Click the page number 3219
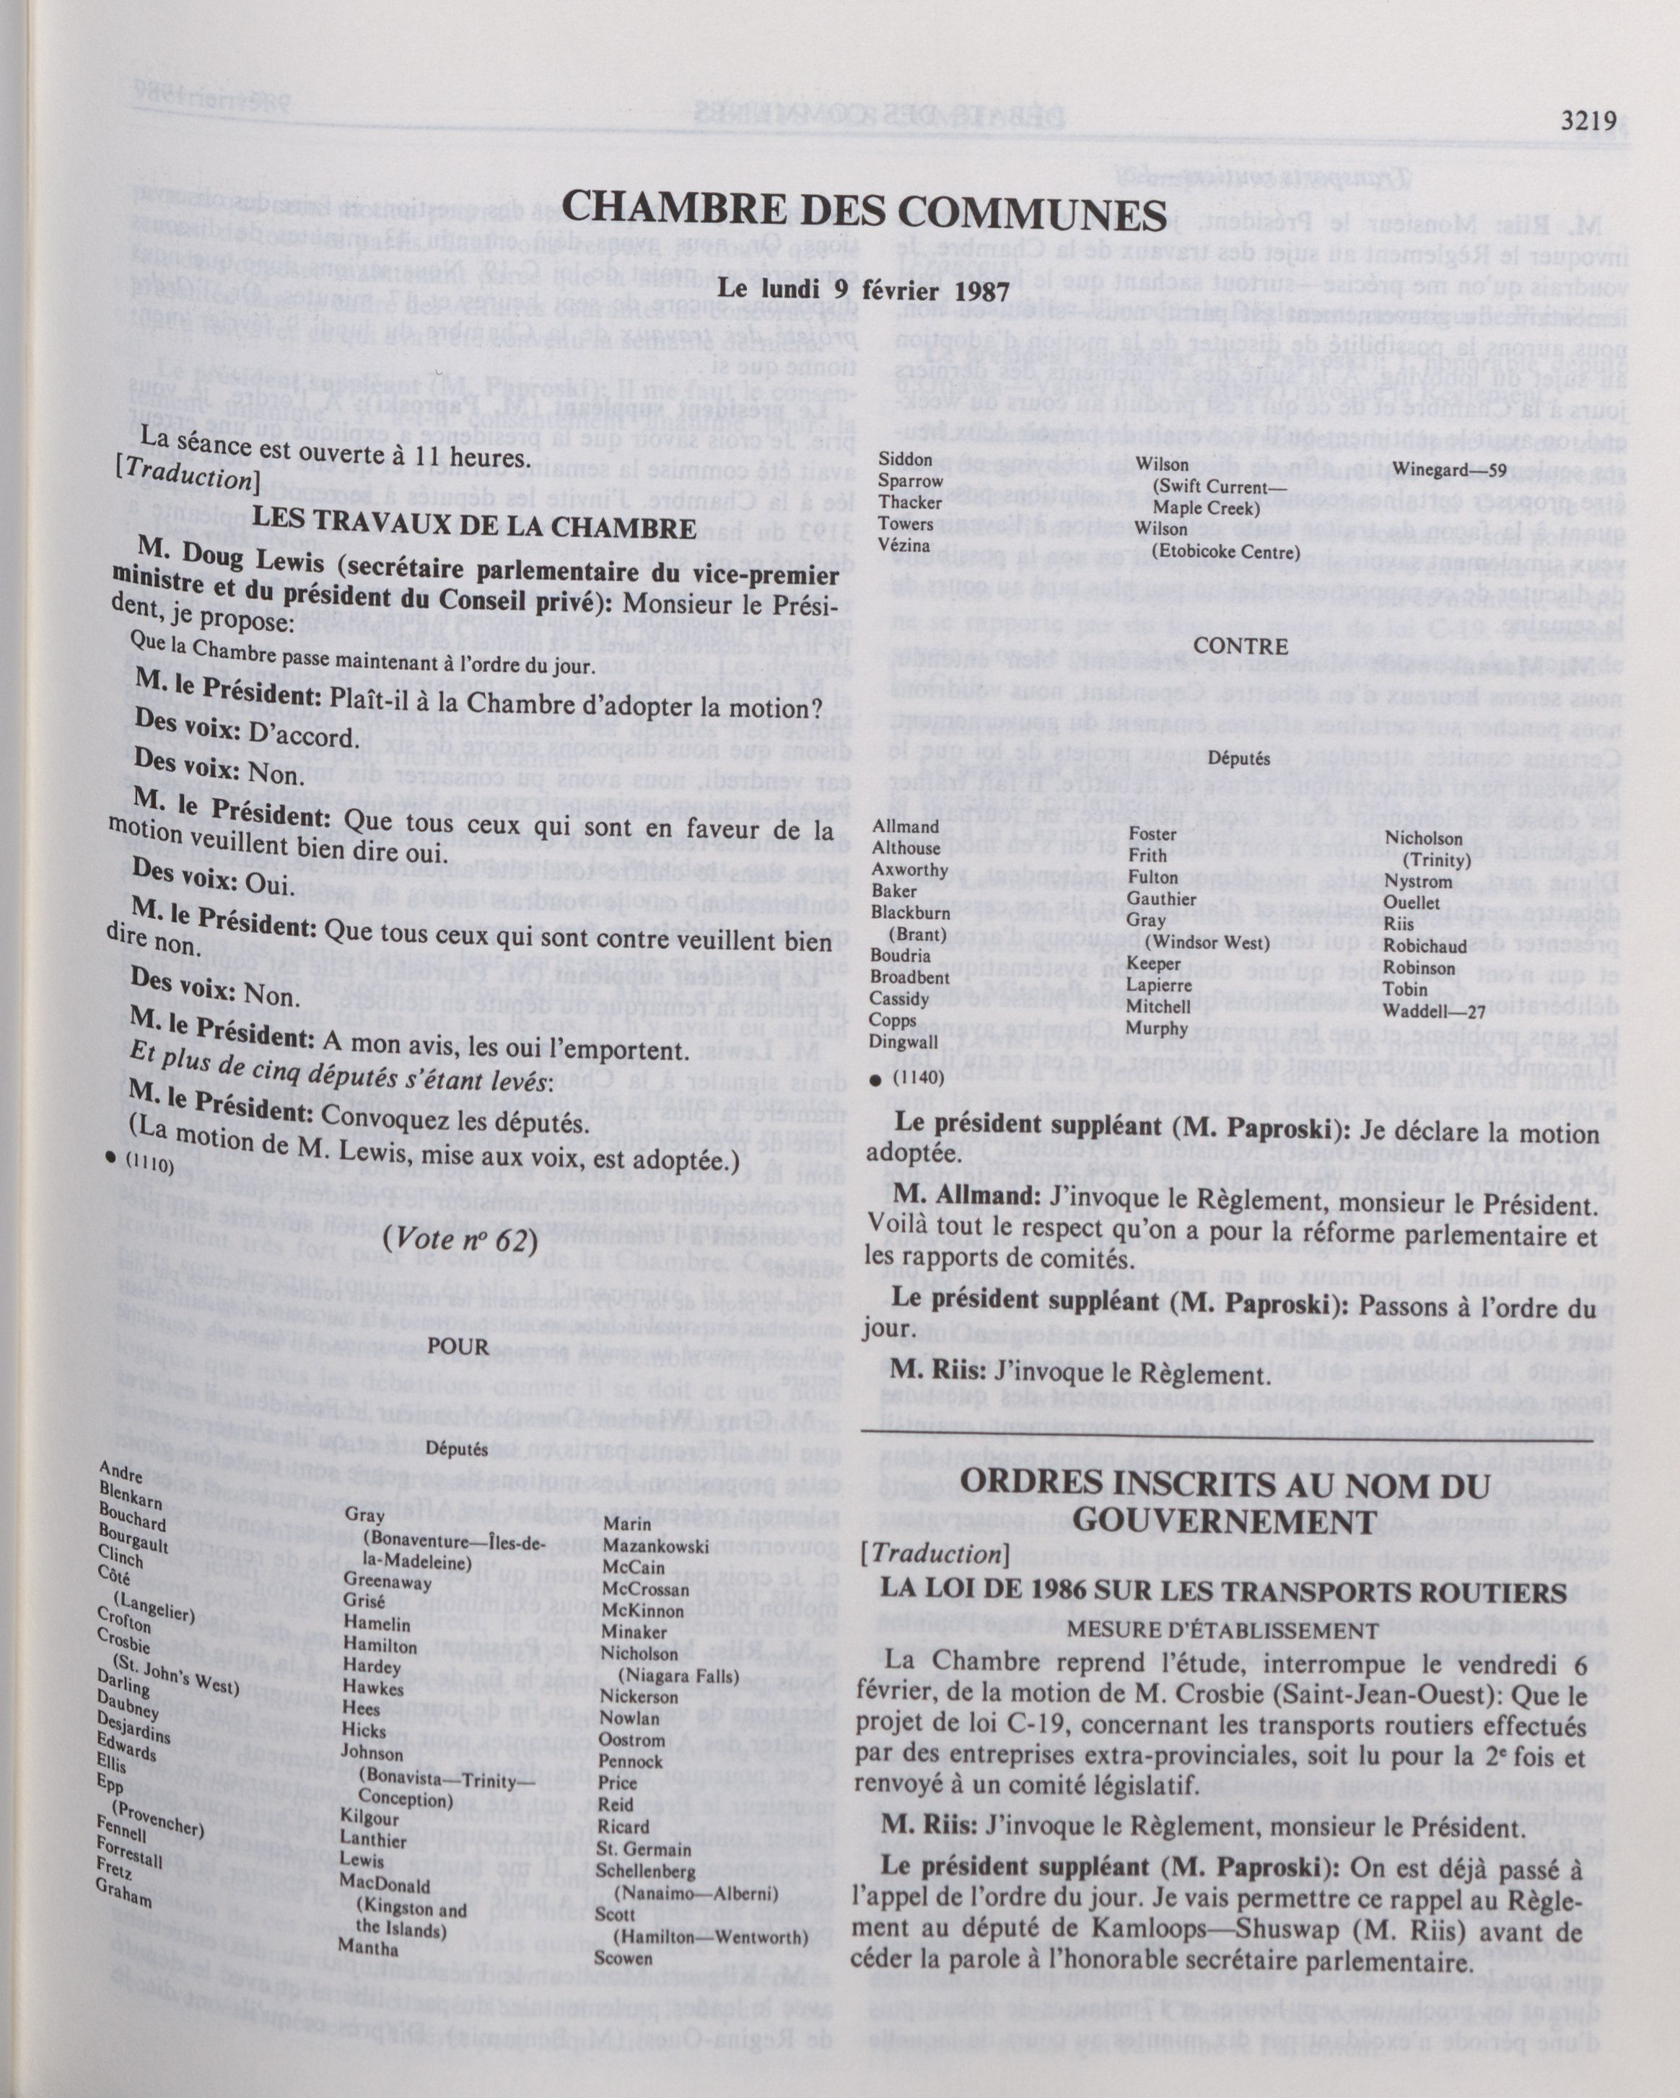tap(1588, 122)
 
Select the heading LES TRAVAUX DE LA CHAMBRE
tap(475, 526)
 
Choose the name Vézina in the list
tap(904, 545)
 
